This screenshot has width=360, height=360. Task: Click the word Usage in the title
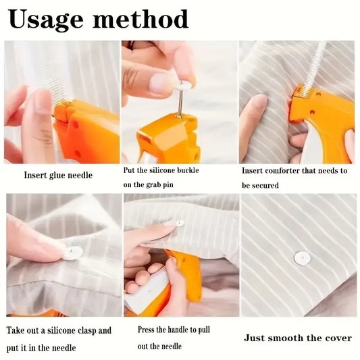point(47,20)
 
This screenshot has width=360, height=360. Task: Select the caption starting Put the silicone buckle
point(161,170)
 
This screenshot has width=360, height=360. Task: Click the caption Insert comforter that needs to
point(294,170)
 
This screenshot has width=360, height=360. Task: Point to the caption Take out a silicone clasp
point(59,330)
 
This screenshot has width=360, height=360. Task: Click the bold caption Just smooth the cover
point(298,337)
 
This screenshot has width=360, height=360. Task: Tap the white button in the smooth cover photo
point(302,257)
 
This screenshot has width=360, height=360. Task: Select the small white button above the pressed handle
point(179,223)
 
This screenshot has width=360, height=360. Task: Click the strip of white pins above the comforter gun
point(315,68)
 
